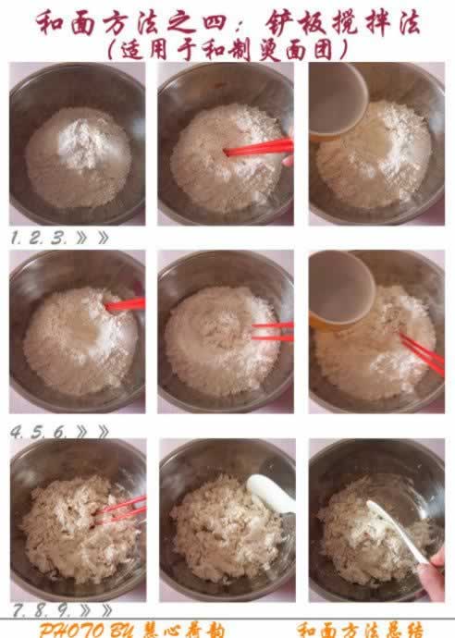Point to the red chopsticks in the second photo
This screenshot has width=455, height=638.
tap(258, 148)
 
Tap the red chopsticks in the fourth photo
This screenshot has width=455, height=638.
tap(125, 304)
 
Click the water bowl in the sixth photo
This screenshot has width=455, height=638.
tap(339, 289)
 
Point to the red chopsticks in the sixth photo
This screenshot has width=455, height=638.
tap(422, 354)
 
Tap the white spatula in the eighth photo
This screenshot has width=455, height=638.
tap(271, 493)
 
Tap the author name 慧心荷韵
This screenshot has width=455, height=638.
tap(184, 629)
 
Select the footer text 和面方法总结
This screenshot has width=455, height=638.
tap(361, 629)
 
